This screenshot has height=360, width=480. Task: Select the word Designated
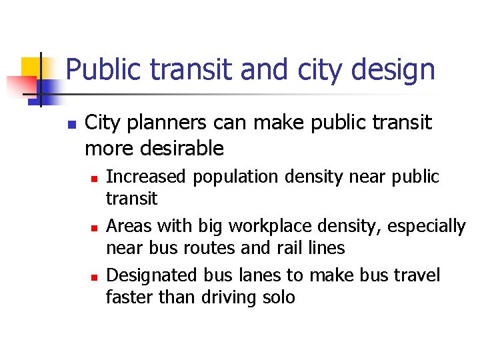(149, 275)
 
